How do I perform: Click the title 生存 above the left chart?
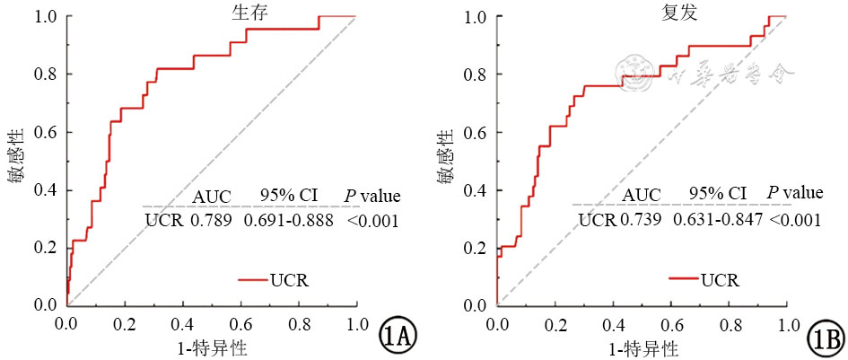point(211,15)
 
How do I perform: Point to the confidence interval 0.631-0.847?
point(718,220)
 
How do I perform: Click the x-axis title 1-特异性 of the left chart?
point(212,347)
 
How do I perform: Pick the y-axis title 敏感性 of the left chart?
point(15,162)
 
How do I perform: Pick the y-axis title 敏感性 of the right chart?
point(444,162)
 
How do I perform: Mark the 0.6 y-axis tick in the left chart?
point(48,132)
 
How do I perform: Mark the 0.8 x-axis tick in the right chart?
point(728,322)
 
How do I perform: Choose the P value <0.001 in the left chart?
point(372,220)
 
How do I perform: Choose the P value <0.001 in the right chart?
point(796,220)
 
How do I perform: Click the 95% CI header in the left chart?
point(288,195)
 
